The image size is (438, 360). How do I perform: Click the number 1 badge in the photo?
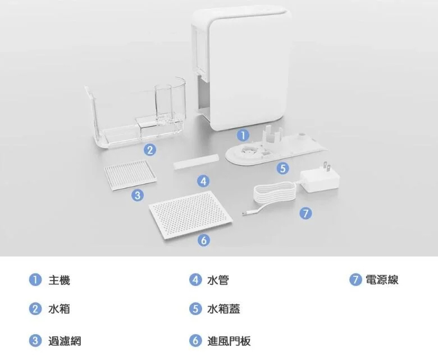242,135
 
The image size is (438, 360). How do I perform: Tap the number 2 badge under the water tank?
149,149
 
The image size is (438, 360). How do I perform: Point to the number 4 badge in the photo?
204,181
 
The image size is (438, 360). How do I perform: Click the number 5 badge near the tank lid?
283,167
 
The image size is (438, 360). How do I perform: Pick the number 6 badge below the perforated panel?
204,240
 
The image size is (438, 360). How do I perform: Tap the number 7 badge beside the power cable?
305,213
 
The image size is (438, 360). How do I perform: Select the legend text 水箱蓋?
223,309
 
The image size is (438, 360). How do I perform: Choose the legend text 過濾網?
65,340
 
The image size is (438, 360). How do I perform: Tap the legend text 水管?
217,280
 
